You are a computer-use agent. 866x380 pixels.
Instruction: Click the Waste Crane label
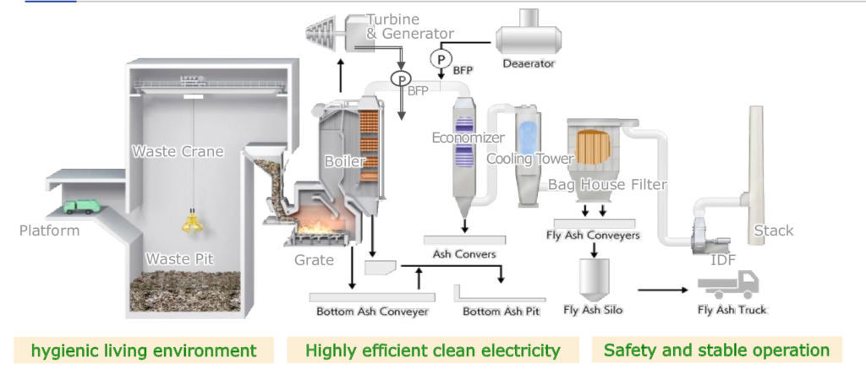point(178,152)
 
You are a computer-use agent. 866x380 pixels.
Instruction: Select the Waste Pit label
point(179,258)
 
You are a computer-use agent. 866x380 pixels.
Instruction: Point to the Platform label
point(50,231)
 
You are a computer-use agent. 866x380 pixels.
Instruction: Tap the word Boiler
point(345,160)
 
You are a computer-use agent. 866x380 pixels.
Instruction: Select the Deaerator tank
point(529,37)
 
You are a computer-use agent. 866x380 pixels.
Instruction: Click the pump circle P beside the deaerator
point(440,58)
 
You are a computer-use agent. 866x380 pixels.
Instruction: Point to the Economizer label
point(468,138)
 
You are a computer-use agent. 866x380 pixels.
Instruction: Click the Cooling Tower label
point(529,159)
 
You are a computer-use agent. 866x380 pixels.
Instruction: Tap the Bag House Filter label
point(607,184)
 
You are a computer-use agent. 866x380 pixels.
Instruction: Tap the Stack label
point(773,231)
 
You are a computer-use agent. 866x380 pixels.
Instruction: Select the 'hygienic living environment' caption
point(144,350)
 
